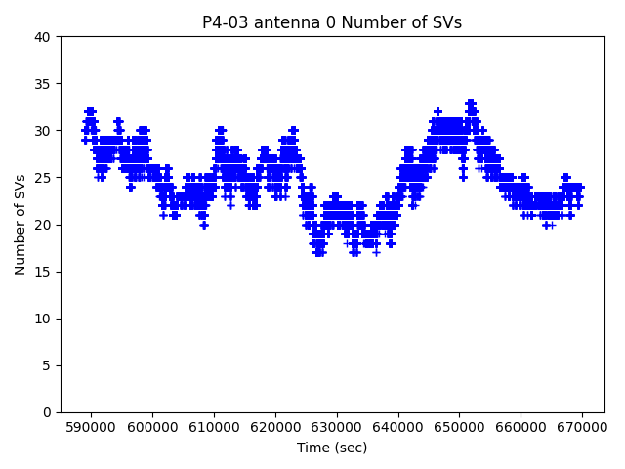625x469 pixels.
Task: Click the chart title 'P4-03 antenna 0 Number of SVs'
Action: pos(332,22)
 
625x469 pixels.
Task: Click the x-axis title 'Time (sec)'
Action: pos(332,448)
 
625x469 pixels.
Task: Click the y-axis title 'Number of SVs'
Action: pos(21,225)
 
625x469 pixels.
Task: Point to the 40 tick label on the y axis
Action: pos(45,37)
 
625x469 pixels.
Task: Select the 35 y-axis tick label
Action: pos(45,84)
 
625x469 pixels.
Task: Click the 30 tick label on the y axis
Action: pos(45,131)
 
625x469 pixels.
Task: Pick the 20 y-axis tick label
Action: pos(45,225)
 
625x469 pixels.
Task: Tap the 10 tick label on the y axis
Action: pos(45,319)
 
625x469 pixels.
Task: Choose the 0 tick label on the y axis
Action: pos(49,412)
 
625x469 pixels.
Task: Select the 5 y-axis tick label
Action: pos(49,365)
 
